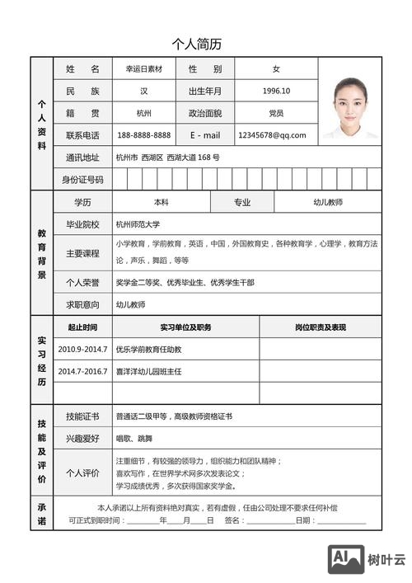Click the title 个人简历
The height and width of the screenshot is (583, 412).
[x=196, y=45]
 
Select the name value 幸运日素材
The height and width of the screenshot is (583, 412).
[x=144, y=69]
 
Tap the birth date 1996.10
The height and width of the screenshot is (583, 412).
[x=276, y=92]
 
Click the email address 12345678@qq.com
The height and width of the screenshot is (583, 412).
[x=272, y=135]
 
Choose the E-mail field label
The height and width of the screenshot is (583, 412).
[x=205, y=135]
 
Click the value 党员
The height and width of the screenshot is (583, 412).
[x=276, y=113]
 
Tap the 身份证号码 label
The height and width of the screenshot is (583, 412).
[x=82, y=180]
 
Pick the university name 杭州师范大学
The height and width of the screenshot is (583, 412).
[x=138, y=224]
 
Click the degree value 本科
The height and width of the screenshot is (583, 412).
[x=161, y=202]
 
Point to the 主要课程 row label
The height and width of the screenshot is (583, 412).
[x=82, y=253]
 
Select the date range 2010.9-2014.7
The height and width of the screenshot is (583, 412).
[x=82, y=350]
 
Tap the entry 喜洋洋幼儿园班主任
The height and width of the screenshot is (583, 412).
[x=148, y=372]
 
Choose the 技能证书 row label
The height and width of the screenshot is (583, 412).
[x=82, y=416]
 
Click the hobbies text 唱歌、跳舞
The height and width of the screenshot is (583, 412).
[x=134, y=438]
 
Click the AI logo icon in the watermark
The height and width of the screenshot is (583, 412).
[x=346, y=558]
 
